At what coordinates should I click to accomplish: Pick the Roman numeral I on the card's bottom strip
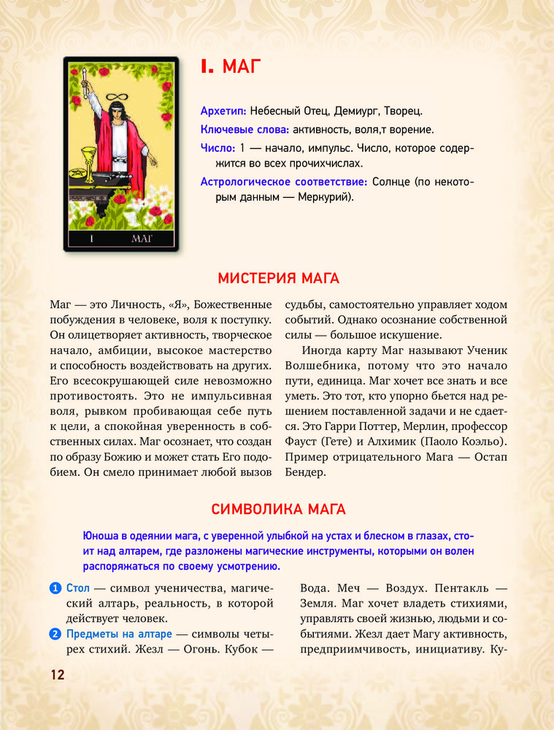click(92, 238)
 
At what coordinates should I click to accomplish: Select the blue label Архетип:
click(223, 111)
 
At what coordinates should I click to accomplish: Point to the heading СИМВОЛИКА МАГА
click(278, 508)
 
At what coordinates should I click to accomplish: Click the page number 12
click(58, 675)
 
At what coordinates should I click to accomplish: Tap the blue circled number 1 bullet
click(55, 588)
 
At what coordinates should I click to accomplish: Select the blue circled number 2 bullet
click(55, 633)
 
